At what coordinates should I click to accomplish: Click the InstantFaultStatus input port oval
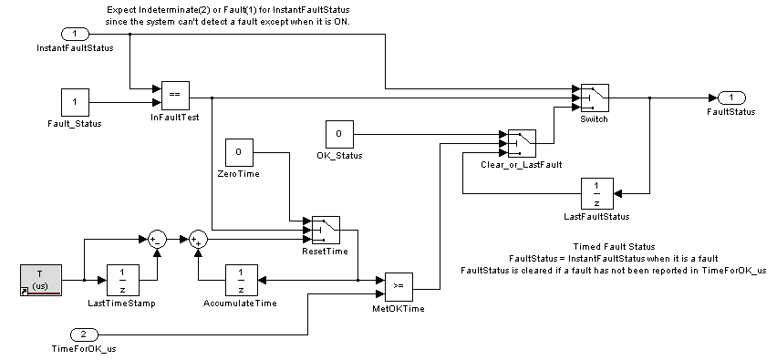point(75,34)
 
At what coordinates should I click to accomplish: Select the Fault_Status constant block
point(76,102)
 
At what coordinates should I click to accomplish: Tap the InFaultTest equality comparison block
point(175,95)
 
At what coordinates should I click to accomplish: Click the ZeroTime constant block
point(239,152)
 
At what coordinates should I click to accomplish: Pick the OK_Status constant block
point(339,134)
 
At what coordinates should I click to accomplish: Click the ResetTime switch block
point(326,231)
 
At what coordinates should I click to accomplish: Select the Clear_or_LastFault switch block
point(522,144)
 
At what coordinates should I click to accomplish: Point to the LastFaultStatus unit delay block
point(597,193)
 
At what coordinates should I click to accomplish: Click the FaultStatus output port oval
point(731,98)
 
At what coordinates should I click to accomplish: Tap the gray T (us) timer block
point(41,281)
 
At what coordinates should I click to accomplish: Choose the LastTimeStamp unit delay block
point(123,281)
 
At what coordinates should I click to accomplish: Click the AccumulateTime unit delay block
point(242,281)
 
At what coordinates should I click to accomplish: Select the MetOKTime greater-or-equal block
point(399,287)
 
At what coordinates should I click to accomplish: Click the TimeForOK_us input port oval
point(84,334)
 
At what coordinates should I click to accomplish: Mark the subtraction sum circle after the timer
point(157,240)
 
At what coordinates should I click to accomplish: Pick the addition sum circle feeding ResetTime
point(198,240)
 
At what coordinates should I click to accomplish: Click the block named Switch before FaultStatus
point(595,98)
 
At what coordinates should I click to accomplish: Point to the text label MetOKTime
point(399,309)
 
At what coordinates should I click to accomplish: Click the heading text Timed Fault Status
point(614,247)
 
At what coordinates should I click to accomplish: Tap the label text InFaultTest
point(175,118)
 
